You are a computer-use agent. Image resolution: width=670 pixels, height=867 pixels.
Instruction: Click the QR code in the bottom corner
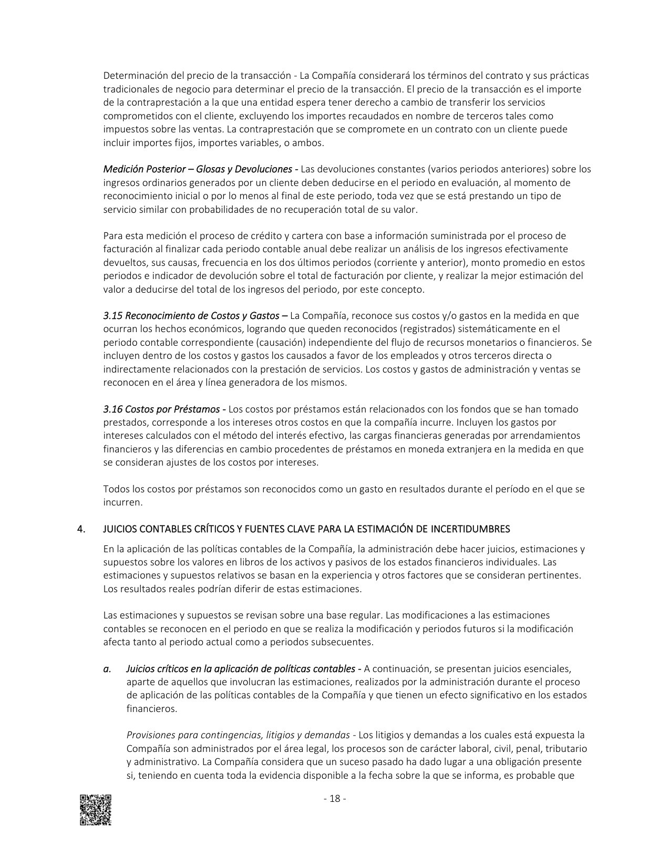tap(96, 810)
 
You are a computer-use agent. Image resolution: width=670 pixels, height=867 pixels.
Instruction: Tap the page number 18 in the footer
tap(334, 799)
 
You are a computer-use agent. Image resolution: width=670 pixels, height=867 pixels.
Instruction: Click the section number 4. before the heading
tap(81, 529)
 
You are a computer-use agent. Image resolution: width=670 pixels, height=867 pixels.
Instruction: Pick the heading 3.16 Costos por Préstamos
tap(162, 409)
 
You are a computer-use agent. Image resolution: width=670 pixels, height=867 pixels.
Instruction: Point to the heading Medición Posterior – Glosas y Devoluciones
tap(198, 169)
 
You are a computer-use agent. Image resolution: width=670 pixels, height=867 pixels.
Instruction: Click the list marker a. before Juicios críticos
tap(107, 669)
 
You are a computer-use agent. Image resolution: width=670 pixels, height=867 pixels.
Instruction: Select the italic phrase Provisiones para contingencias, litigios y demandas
tap(238, 735)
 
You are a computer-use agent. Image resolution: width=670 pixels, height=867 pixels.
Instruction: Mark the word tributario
tap(565, 748)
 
